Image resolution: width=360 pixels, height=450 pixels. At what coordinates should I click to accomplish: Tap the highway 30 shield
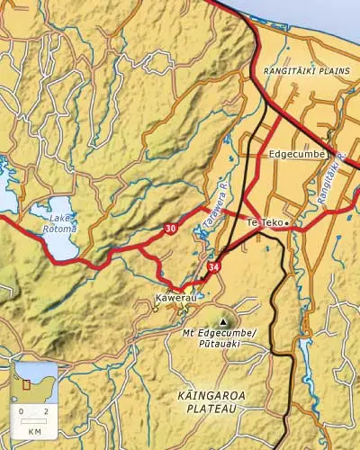170,229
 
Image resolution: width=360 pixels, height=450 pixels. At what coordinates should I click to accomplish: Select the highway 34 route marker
213,267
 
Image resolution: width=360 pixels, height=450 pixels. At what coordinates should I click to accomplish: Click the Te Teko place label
264,221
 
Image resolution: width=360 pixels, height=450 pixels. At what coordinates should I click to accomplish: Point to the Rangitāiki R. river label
335,180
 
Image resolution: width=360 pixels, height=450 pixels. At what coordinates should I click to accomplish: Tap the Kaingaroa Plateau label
212,401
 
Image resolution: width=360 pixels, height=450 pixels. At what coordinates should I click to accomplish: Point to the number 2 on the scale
45,411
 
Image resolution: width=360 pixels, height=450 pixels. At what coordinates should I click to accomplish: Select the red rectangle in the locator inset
25,383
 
